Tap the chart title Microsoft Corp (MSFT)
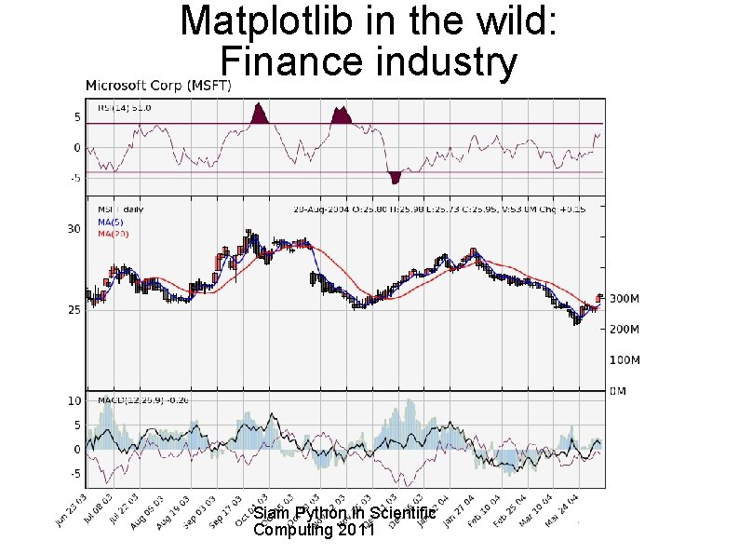pos(159,86)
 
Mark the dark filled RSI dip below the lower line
pos(396,177)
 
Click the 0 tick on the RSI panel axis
pos(76,148)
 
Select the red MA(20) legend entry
pos(114,235)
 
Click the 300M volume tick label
pos(625,299)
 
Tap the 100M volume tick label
pos(625,359)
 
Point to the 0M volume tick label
pos(618,391)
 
